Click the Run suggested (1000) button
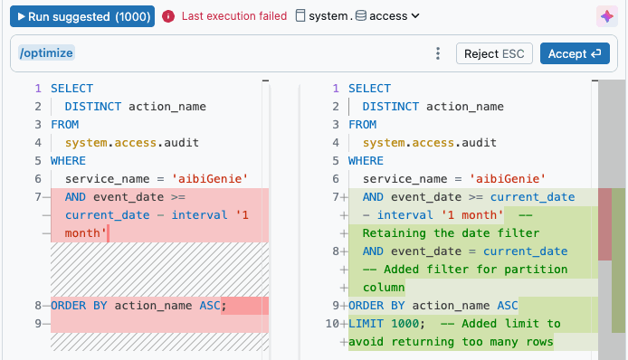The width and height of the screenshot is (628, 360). coord(82,16)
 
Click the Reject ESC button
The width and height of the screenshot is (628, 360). coord(494,53)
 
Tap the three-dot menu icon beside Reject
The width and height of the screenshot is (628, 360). coord(438,53)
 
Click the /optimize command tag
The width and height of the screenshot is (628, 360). coord(46,52)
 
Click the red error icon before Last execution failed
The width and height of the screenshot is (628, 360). coord(168,16)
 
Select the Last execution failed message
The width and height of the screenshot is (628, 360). coord(234,16)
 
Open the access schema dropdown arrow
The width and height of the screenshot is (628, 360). coord(415,16)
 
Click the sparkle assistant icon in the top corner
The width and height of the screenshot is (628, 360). coord(607,16)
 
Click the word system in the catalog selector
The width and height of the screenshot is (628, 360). coord(328,16)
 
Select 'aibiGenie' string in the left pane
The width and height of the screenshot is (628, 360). coord(210,178)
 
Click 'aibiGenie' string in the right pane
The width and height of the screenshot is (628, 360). coord(508,178)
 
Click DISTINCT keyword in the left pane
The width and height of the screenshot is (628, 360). coord(93,107)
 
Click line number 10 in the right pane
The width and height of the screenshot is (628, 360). coord(332,324)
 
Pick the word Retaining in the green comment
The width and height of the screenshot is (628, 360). coord(395,233)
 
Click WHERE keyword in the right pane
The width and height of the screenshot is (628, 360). coord(366,161)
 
